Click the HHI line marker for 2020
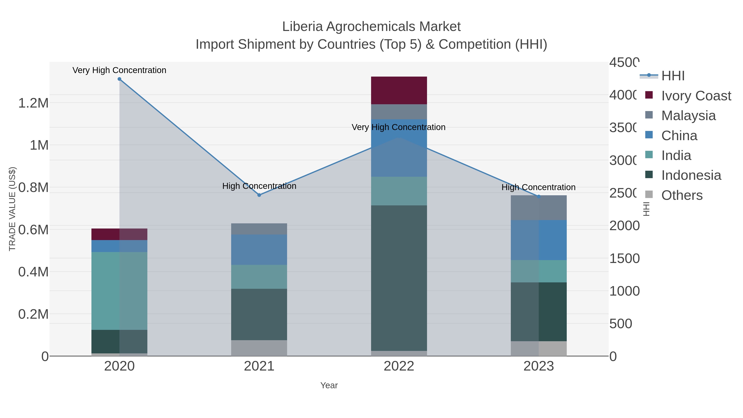tap(119, 79)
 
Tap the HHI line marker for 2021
tap(259, 195)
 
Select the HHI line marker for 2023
tap(538, 197)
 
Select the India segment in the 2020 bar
tap(119, 291)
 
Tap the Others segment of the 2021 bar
tap(259, 348)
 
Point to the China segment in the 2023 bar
tap(538, 240)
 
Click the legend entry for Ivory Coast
tap(696, 96)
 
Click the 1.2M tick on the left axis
tap(33, 103)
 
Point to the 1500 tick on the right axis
tap(624, 258)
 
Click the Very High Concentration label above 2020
tap(119, 70)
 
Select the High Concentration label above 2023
tap(538, 187)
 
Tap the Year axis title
tap(329, 385)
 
